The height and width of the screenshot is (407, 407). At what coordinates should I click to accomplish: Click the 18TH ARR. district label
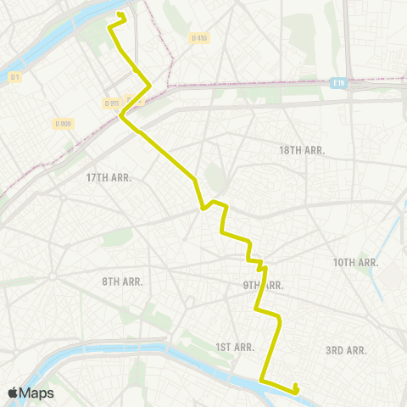tap(302, 150)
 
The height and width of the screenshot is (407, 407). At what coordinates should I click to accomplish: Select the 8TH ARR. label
tap(122, 282)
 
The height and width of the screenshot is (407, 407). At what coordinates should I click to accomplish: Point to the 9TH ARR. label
tap(262, 286)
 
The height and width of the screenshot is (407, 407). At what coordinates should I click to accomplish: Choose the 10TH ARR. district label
tap(355, 263)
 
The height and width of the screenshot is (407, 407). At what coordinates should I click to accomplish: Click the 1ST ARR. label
tap(235, 347)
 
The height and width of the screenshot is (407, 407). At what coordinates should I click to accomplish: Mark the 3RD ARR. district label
tap(345, 350)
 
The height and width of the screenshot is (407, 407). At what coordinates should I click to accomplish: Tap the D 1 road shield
tap(14, 78)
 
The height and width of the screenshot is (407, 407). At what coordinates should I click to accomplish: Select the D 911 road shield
tap(111, 103)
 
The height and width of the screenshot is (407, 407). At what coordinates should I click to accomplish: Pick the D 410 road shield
tap(199, 37)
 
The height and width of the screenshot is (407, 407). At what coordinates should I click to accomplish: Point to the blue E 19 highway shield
tap(339, 82)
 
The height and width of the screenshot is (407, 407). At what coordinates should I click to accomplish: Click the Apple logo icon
tap(13, 393)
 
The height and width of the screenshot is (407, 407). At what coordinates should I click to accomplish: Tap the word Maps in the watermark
tap(37, 393)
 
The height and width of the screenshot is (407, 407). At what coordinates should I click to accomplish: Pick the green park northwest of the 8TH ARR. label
tap(118, 237)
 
